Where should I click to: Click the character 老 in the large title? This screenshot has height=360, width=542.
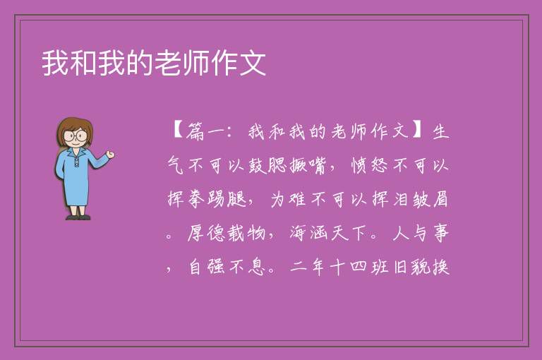[167, 63]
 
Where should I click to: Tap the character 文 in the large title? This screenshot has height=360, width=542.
[253, 63]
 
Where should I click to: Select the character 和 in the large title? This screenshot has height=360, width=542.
[83, 63]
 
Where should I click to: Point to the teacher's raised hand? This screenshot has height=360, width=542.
[111, 155]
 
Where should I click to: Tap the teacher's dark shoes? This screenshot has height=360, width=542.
[78, 217]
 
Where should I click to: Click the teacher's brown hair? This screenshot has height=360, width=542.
[74, 128]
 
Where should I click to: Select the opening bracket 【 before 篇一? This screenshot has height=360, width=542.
[177, 131]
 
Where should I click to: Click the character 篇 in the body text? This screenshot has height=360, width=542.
[195, 131]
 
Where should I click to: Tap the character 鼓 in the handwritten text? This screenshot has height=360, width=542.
[257, 165]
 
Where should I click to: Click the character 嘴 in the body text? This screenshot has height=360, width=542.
[317, 165]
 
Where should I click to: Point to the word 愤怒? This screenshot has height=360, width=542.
[370, 165]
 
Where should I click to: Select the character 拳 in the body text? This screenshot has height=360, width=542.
[196, 199]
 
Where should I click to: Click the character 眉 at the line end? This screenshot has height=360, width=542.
[440, 199]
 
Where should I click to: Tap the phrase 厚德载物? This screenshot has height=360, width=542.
[227, 233]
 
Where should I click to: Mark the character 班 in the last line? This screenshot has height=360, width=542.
[380, 267]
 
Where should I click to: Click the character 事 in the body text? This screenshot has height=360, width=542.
[440, 233]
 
